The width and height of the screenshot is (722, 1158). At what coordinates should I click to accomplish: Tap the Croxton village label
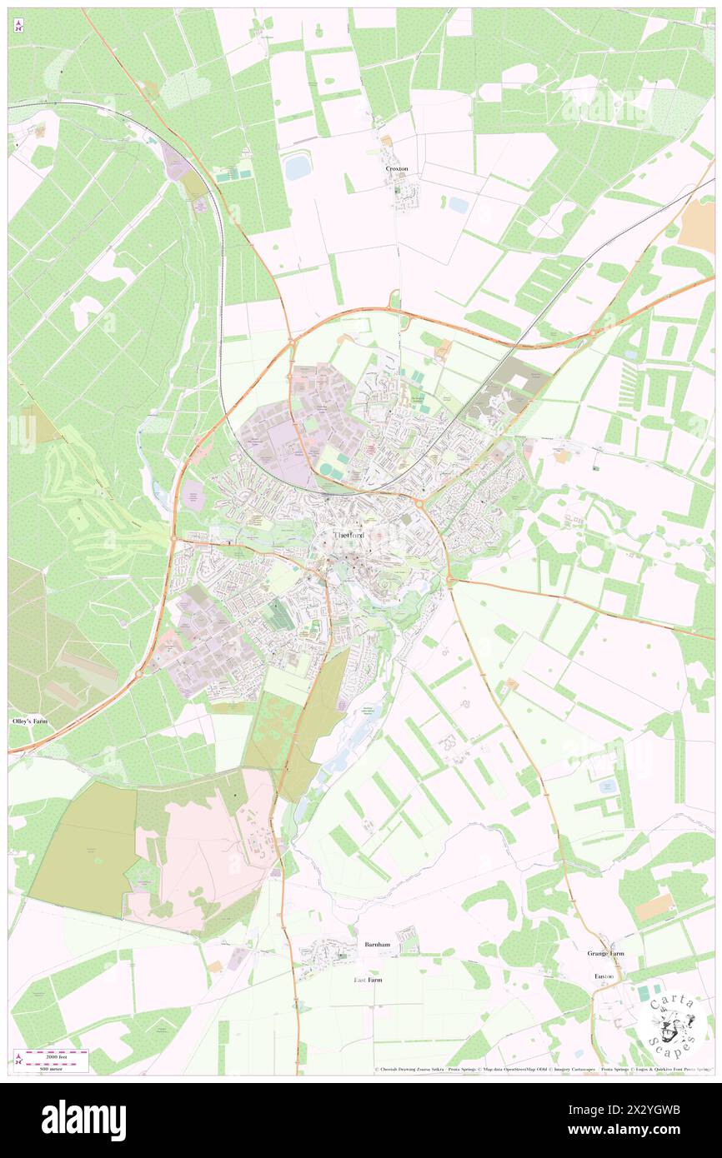[397, 168]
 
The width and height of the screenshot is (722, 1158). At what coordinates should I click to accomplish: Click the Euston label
[604, 976]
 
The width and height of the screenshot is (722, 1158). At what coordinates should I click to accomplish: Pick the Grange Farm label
[605, 953]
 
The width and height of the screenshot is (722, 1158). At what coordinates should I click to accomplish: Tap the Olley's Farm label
[29, 721]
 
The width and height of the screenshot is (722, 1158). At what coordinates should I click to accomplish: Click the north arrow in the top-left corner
[18, 26]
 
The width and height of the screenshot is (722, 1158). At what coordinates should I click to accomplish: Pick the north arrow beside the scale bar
[18, 1058]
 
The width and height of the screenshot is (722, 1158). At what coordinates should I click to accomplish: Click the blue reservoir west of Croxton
[297, 167]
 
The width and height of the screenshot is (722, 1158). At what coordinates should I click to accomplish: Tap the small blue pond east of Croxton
[459, 204]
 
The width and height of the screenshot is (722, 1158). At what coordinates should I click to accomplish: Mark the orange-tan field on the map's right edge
[697, 227]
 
